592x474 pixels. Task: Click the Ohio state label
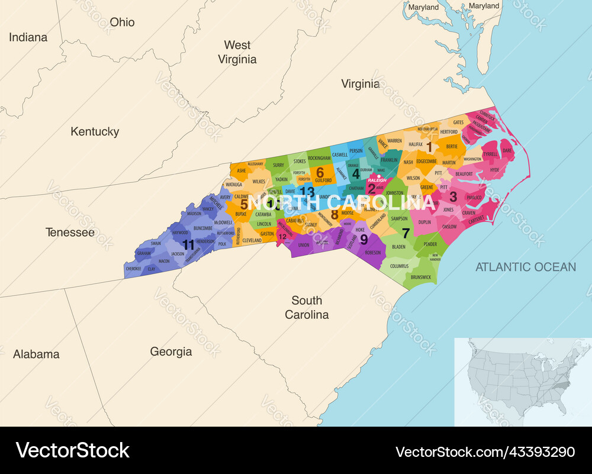pyautogui.click(x=122, y=22)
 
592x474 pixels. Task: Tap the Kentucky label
pyautogui.click(x=95, y=131)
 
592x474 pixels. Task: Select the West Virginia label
pyautogui.click(x=237, y=52)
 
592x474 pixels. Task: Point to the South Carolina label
pyautogui.click(x=307, y=308)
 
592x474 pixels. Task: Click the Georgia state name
pyautogui.click(x=171, y=352)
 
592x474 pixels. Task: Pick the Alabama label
pyautogui.click(x=36, y=354)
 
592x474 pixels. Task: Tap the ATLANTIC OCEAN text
pyautogui.click(x=526, y=267)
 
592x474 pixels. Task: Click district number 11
pyautogui.click(x=188, y=244)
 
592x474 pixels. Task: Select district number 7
pyautogui.click(x=406, y=233)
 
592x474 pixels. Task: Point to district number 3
pyautogui.click(x=453, y=196)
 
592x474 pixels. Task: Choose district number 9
pyautogui.click(x=363, y=238)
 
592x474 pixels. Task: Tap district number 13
pyautogui.click(x=307, y=191)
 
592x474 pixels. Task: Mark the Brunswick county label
pyautogui.click(x=421, y=277)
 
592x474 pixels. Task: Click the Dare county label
pyautogui.click(x=507, y=151)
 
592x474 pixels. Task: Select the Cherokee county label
pyautogui.click(x=134, y=268)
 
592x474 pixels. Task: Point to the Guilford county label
pyautogui.click(x=323, y=180)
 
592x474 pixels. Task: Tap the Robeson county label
pyautogui.click(x=373, y=253)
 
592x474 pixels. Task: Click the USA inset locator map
pyautogui.click(x=523, y=381)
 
